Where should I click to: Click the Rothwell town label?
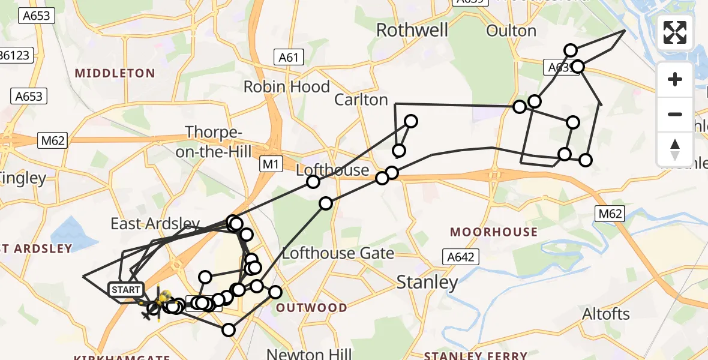pos(412,30)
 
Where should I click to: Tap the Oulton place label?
pos(511,31)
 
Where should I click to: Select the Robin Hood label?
pos(286,87)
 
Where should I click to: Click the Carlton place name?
pos(361,100)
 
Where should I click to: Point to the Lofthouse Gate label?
pos(338,253)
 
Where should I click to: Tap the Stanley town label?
pos(427,281)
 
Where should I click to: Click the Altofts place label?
pos(606,314)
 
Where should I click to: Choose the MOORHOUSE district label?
pos(494,232)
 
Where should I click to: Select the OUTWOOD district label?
pos(311,308)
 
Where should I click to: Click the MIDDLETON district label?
pos(115,73)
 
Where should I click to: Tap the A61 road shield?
pos(289,58)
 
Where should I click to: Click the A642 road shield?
pos(460,257)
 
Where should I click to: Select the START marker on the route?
pos(126,290)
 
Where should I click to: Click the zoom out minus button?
pos(675,114)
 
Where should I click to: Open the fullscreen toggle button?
pos(675,32)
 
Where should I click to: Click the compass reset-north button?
pos(675,149)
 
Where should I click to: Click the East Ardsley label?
pos(155,224)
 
